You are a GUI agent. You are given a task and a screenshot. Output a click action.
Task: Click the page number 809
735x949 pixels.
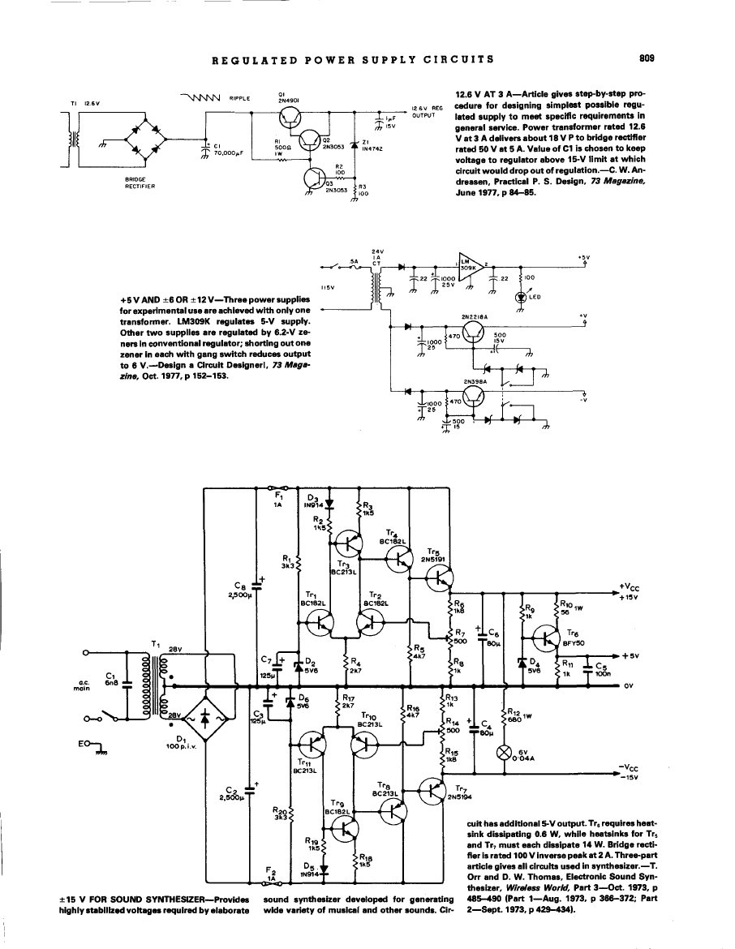click(x=646, y=58)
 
